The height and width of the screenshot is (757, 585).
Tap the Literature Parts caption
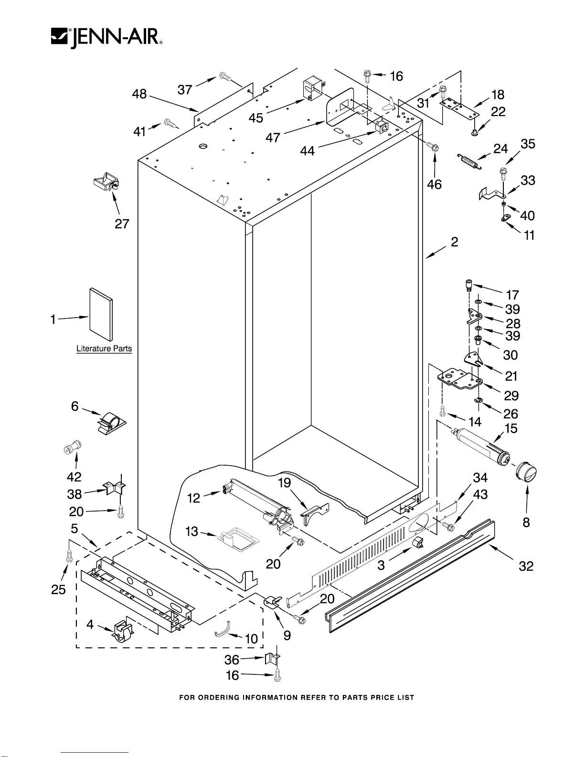(x=104, y=349)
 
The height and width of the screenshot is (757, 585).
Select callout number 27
(x=122, y=224)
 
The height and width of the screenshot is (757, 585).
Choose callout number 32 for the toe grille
(x=526, y=566)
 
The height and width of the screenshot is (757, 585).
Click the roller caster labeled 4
(x=122, y=631)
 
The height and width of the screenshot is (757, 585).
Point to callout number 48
(x=139, y=94)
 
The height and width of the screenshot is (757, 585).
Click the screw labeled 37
(x=224, y=76)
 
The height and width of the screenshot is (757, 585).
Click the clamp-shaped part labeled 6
(x=112, y=421)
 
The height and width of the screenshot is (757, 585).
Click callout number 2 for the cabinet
(x=454, y=242)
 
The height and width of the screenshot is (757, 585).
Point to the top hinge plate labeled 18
(x=459, y=108)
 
